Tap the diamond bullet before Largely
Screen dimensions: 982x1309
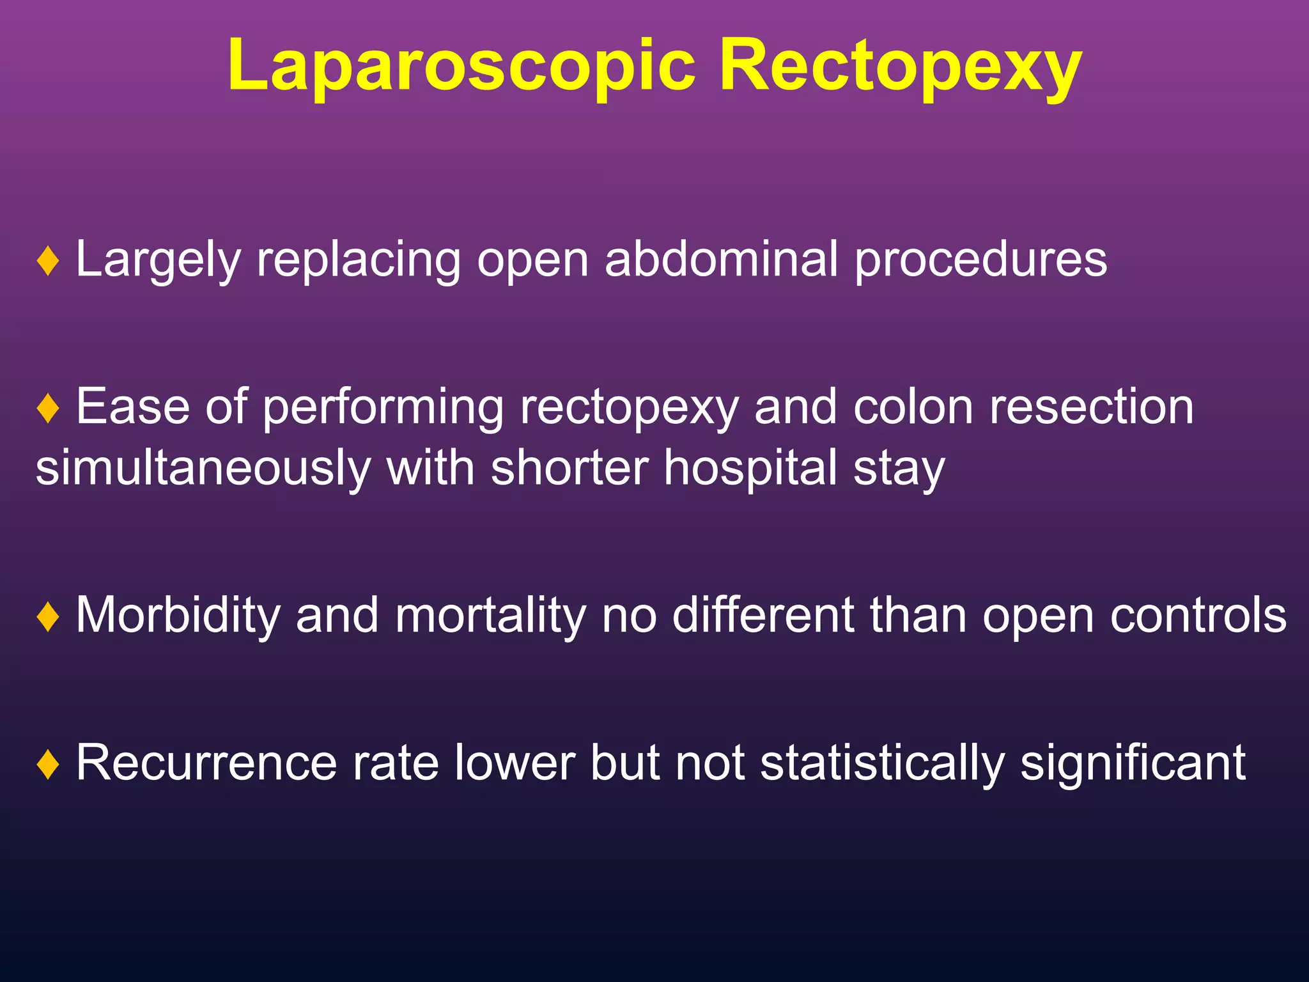(x=49, y=261)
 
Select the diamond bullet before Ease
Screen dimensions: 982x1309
(x=49, y=408)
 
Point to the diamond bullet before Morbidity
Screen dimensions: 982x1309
(x=49, y=616)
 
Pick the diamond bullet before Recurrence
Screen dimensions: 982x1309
(x=49, y=763)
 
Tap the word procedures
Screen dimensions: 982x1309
(x=981, y=261)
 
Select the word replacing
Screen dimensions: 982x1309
(x=359, y=261)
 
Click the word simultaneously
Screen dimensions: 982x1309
(x=203, y=468)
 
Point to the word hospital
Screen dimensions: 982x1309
(x=751, y=468)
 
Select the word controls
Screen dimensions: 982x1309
(x=1198, y=615)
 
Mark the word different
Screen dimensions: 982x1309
(x=763, y=615)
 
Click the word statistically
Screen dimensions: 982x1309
(x=883, y=763)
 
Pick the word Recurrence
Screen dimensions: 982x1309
(x=206, y=762)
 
